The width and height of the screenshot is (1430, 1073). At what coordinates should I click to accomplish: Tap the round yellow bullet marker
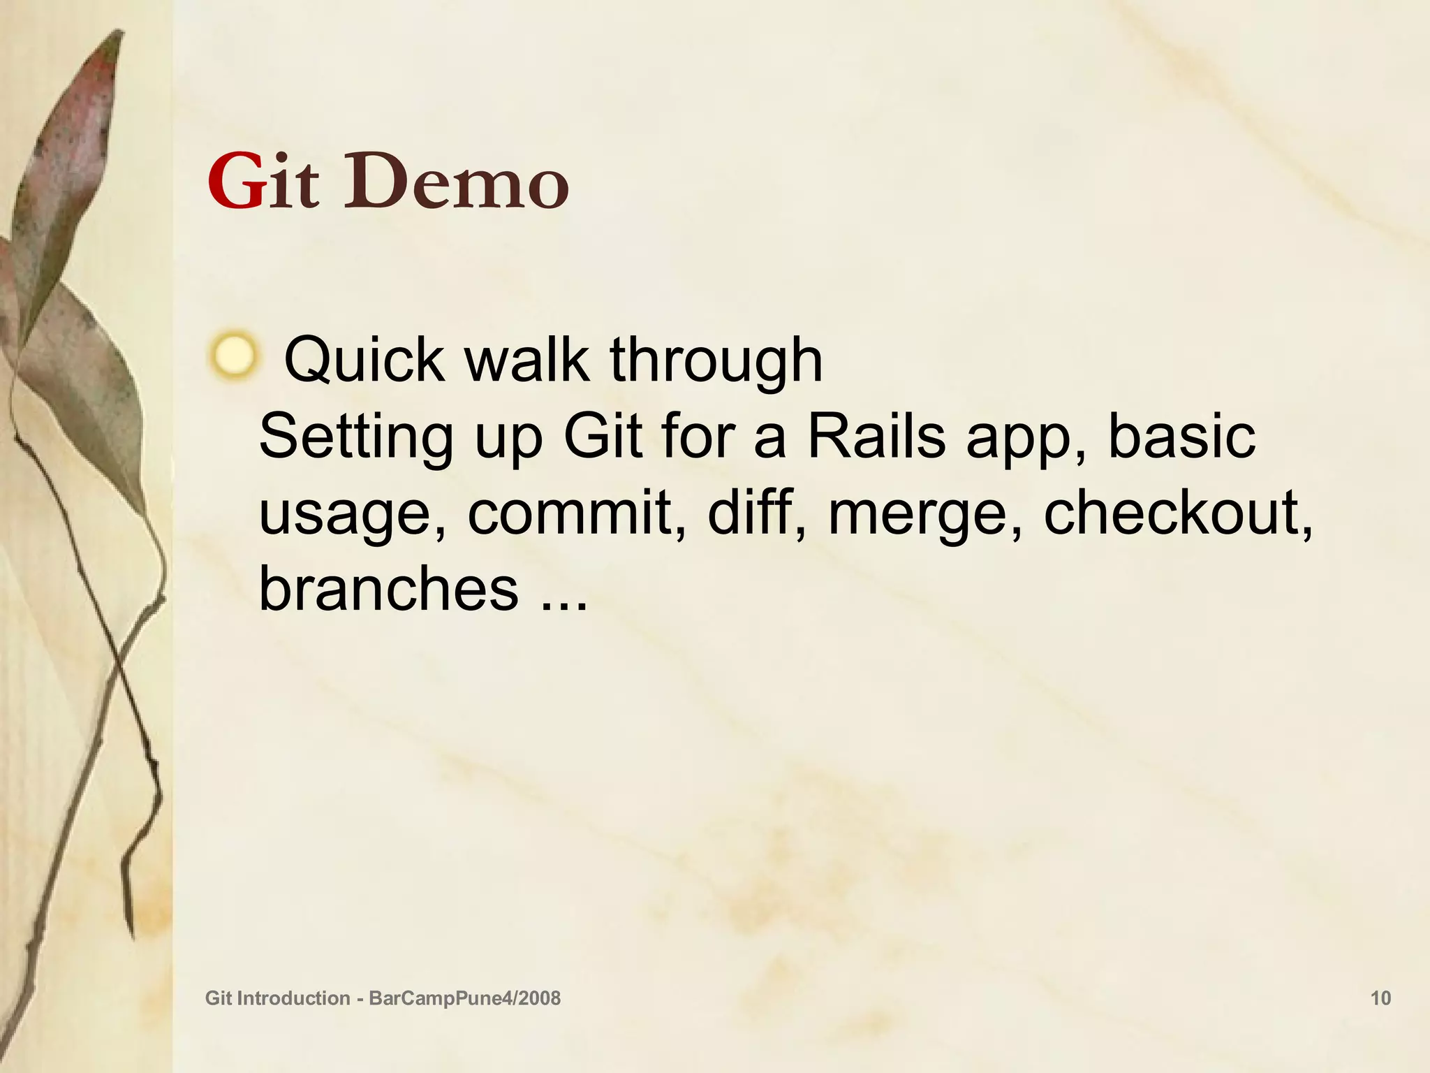click(234, 356)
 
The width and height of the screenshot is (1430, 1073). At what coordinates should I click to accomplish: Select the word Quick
click(364, 361)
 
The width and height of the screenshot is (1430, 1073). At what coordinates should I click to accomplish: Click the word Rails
click(876, 436)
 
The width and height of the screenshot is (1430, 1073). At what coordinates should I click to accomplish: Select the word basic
click(1181, 436)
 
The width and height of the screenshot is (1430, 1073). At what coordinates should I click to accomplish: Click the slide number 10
click(1380, 998)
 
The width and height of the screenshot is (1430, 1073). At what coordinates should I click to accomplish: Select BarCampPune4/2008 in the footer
click(464, 998)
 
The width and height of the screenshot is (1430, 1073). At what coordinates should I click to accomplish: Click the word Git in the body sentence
click(603, 436)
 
